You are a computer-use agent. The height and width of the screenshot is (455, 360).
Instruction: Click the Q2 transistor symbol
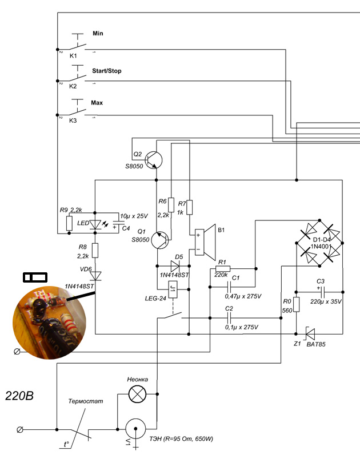(153, 160)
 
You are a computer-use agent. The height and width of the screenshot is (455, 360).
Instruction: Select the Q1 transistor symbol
(160, 240)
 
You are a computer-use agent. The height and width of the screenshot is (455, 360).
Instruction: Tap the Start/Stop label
(107, 71)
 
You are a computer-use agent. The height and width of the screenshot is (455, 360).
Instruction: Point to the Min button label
(98, 33)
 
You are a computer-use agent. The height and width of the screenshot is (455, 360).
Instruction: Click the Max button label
(97, 103)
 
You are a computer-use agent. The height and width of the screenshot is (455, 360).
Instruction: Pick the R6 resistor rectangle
(171, 205)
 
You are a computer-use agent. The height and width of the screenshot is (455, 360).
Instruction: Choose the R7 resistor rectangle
(190, 207)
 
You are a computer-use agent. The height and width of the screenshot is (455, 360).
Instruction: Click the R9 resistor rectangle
(69, 223)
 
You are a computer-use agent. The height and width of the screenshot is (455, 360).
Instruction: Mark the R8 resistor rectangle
(95, 251)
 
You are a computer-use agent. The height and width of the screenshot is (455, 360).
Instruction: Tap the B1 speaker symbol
(205, 242)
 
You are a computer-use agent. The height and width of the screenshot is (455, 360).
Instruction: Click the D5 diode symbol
(175, 266)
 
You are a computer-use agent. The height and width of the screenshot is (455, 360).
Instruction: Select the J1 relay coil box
(173, 289)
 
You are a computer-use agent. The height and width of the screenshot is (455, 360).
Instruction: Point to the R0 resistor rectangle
(296, 304)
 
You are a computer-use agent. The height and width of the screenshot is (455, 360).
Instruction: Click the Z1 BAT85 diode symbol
(310, 334)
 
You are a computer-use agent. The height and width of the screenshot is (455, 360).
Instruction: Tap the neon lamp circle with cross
(137, 394)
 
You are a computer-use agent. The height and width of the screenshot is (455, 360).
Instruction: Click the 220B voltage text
(19, 396)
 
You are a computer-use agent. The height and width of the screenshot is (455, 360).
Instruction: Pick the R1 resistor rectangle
(223, 269)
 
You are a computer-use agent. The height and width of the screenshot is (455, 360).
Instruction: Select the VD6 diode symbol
(95, 276)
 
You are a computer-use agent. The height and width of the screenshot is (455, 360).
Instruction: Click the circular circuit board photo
(49, 323)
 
